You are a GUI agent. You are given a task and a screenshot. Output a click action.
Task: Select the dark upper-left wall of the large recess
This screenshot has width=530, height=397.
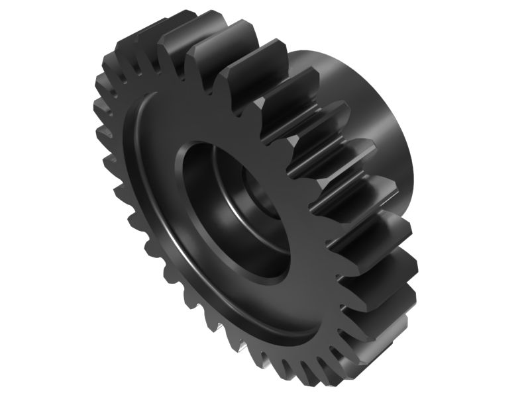192,179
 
